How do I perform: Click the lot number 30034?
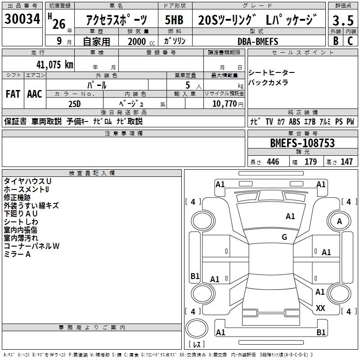coord(22,20)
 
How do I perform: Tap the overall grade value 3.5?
coord(342,21)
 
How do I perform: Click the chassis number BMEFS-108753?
coord(302,143)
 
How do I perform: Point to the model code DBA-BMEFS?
coord(258,41)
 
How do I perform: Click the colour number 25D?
coord(75,103)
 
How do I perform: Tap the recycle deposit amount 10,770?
coord(224,103)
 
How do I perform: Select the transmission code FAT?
coord(13,94)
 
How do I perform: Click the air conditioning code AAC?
coord(34,94)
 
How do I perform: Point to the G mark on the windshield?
coord(284,237)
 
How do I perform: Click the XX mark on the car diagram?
coord(320,308)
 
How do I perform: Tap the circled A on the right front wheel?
coord(339,221)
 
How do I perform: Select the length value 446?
coord(273,162)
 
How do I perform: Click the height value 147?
coord(346,162)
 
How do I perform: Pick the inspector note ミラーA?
coord(17,254)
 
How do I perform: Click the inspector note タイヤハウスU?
coord(27,181)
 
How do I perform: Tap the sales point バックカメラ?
coord(268,82)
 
